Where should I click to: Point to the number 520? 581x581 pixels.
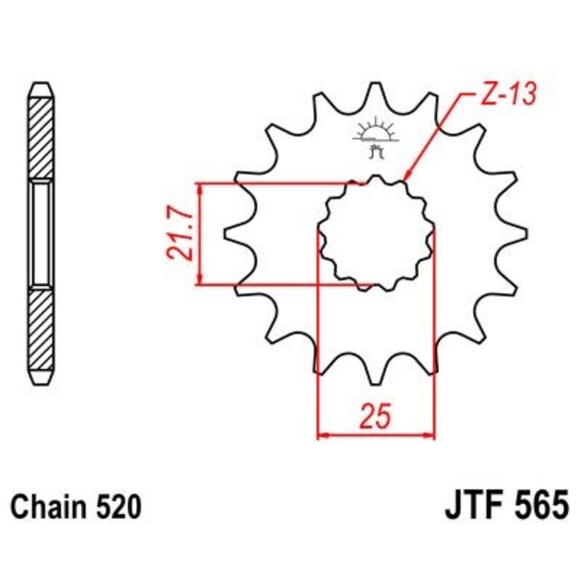115,506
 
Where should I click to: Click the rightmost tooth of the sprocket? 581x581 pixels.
517,233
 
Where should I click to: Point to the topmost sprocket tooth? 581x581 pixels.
375,91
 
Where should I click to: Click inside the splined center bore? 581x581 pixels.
375,233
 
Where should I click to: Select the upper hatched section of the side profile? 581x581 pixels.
40,138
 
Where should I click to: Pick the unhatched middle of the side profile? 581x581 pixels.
40,233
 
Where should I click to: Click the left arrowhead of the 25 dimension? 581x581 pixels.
324,436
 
